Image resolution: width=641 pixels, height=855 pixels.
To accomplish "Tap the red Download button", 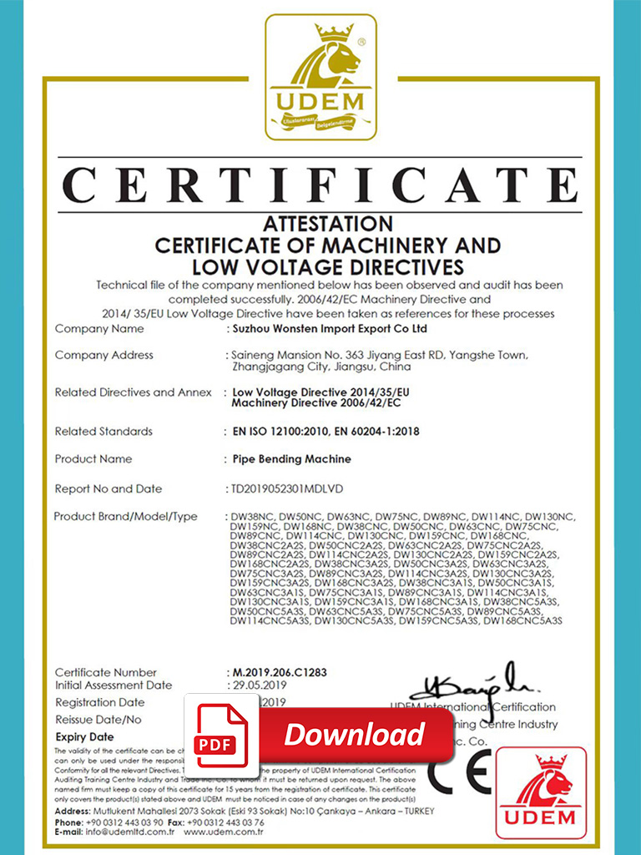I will click(356, 735).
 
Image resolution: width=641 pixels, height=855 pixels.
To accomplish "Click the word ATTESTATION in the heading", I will click(328, 224).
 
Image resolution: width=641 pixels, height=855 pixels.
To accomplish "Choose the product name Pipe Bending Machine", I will click(292, 459).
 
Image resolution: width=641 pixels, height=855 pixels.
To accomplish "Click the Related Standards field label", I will click(103, 432).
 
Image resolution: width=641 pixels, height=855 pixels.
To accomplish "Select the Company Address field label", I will click(104, 356).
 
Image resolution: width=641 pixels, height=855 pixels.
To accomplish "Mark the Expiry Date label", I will click(84, 737).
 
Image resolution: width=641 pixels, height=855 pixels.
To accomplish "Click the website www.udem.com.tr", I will click(224, 832).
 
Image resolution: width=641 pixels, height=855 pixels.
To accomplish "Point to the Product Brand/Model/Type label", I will click(126, 517).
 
